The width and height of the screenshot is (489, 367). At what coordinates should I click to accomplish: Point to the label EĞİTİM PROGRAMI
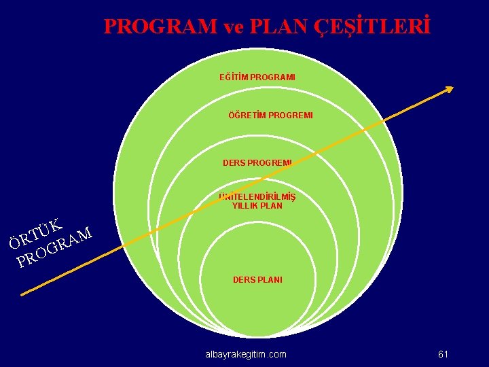click(x=257, y=77)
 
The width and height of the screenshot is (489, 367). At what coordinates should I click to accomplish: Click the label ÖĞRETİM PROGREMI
click(x=270, y=116)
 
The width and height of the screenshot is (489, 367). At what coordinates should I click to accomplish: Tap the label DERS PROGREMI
click(x=257, y=163)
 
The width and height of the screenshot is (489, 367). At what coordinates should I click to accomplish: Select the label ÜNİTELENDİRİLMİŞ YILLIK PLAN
click(x=257, y=201)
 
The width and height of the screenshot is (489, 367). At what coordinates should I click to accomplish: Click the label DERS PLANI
click(x=257, y=279)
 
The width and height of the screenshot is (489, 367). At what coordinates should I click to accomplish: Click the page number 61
click(x=443, y=354)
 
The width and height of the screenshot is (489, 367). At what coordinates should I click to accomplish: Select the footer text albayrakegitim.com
click(x=246, y=354)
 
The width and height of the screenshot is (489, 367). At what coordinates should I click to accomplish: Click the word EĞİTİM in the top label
click(x=233, y=77)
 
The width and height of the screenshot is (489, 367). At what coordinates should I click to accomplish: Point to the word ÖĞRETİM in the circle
click(x=247, y=116)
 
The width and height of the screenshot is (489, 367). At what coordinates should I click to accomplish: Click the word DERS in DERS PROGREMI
click(x=234, y=163)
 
